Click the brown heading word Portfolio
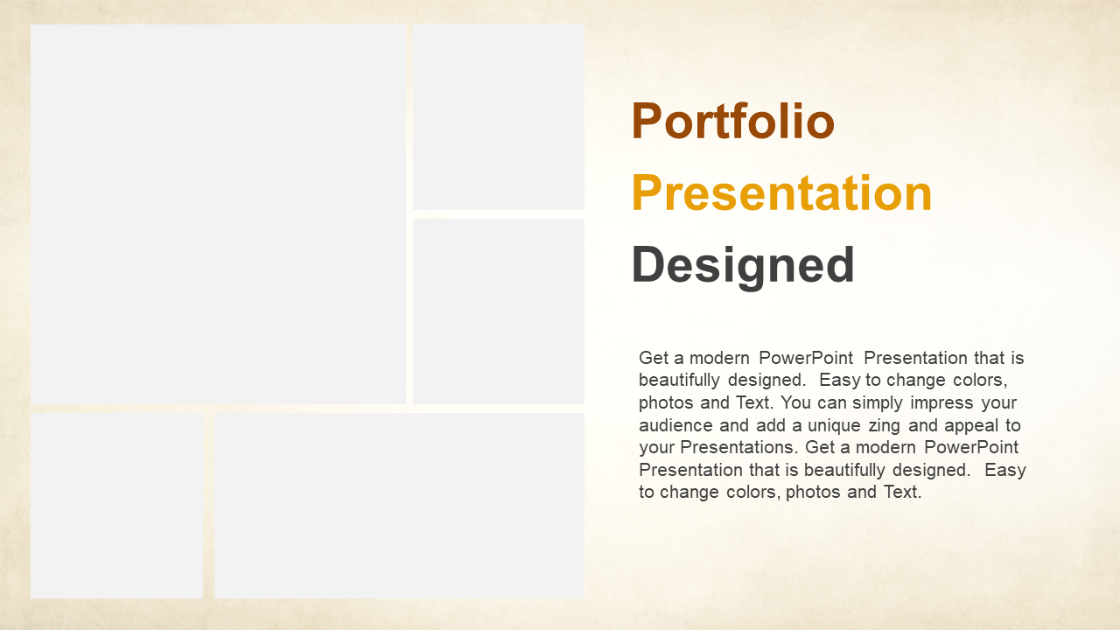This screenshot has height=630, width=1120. pos(733,121)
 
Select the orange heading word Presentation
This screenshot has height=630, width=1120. pos(782,193)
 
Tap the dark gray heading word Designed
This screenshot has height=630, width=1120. pos(743,266)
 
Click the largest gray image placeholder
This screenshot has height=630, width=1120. pos(218,214)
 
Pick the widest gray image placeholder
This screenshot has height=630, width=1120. pos(400,506)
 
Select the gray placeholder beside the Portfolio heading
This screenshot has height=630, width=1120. pos(499,117)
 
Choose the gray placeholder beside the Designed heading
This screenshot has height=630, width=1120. pos(499,311)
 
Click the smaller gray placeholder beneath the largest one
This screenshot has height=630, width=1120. pos(116,506)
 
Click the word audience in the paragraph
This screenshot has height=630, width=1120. pos(676,425)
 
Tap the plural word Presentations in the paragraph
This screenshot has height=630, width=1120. pos(739,447)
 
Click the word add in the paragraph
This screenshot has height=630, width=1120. pos(771,425)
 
